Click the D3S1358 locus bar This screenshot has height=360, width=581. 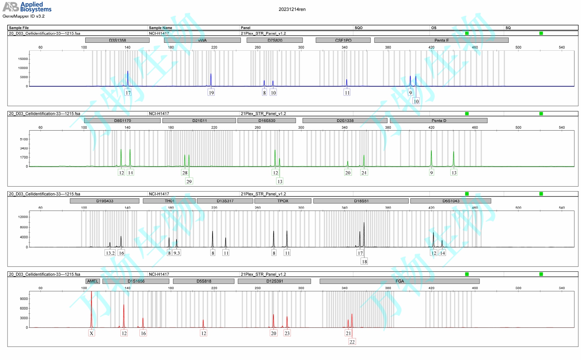coord(117,40)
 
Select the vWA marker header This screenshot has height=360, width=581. coord(202,40)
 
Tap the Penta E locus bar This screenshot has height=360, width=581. coord(441,40)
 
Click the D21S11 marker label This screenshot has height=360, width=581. coord(199,120)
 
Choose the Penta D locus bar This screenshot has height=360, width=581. coord(439,120)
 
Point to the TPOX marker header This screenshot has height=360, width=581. coord(283,201)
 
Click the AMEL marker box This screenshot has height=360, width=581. coord(93,281)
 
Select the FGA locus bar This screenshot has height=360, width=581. coord(400,281)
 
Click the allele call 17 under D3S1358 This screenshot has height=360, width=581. coord(128,93)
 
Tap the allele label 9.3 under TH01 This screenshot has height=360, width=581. coord(176,253)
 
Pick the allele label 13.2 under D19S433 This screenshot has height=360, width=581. coord(110,253)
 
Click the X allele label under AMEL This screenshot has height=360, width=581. coord(91,334)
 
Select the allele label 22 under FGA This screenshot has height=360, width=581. coord(352,342)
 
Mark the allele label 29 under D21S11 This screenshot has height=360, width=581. coord(189,181)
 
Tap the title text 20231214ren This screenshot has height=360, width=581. coord(292,9)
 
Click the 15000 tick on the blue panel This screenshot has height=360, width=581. coord(23,59)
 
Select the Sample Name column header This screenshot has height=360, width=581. coord(160,28)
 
